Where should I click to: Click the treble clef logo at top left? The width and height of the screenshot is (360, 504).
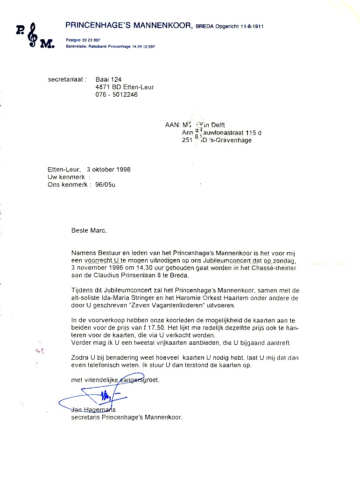coord(32,35)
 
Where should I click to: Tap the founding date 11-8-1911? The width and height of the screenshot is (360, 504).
coord(250,27)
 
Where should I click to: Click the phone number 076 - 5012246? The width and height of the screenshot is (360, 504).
coord(116,94)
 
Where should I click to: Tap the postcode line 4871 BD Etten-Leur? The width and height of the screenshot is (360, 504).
coord(124,87)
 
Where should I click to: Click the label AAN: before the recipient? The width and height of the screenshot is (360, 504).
coord(172,125)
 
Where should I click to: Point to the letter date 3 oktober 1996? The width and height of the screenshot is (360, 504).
coord(108,169)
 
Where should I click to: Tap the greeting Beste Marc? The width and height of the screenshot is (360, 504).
coord(89,230)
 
